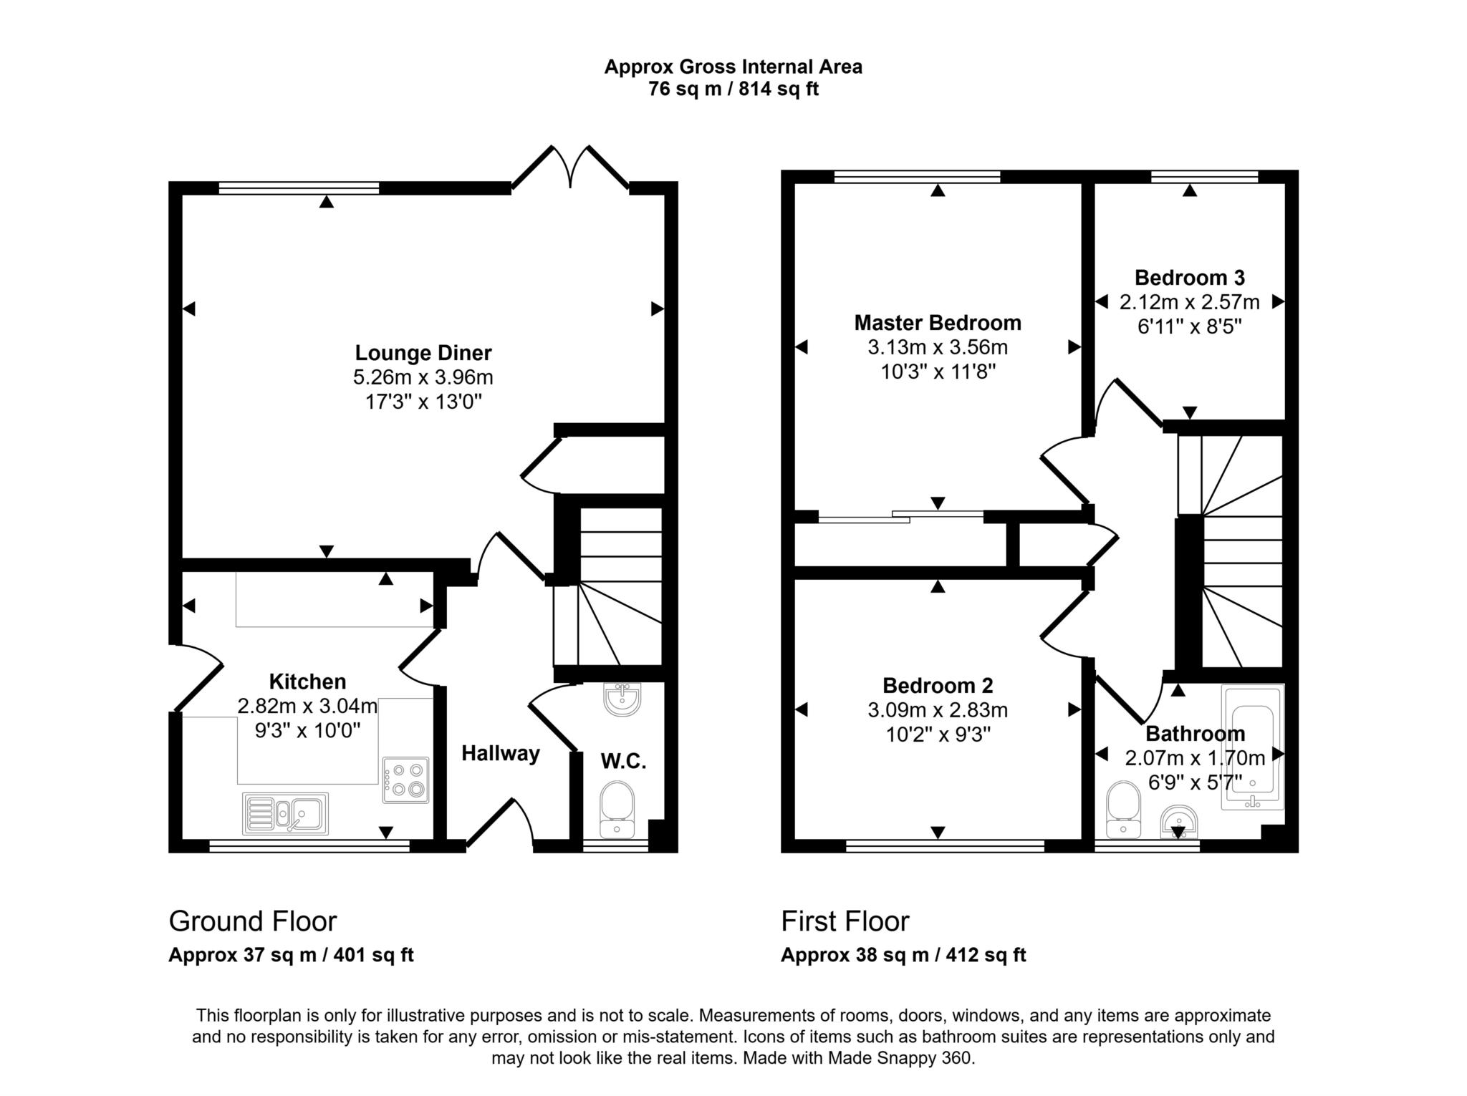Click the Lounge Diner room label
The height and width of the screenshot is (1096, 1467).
pyautogui.click(x=423, y=353)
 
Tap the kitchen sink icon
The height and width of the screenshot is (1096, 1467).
pyautogui.click(x=286, y=814)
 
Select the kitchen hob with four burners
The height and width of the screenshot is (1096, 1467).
pyautogui.click(x=405, y=780)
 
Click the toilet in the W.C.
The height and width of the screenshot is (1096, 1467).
pyautogui.click(x=617, y=810)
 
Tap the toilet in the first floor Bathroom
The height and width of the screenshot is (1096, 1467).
pyautogui.click(x=1123, y=810)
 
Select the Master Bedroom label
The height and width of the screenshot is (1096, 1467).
pyautogui.click(x=938, y=323)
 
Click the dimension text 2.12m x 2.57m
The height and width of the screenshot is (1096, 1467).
pyautogui.click(x=1189, y=302)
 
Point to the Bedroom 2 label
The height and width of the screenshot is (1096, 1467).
pyautogui.click(x=938, y=686)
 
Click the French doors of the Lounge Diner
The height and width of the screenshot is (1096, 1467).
pyautogui.click(x=570, y=168)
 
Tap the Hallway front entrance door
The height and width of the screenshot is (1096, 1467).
pyautogui.click(x=500, y=825)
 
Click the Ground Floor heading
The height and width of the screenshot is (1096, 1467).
pyautogui.click(x=252, y=921)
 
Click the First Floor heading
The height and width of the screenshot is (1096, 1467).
pyautogui.click(x=845, y=921)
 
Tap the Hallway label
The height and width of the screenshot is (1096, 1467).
pyautogui.click(x=500, y=753)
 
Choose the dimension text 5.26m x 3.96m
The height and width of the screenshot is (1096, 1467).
pyautogui.click(x=423, y=377)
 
